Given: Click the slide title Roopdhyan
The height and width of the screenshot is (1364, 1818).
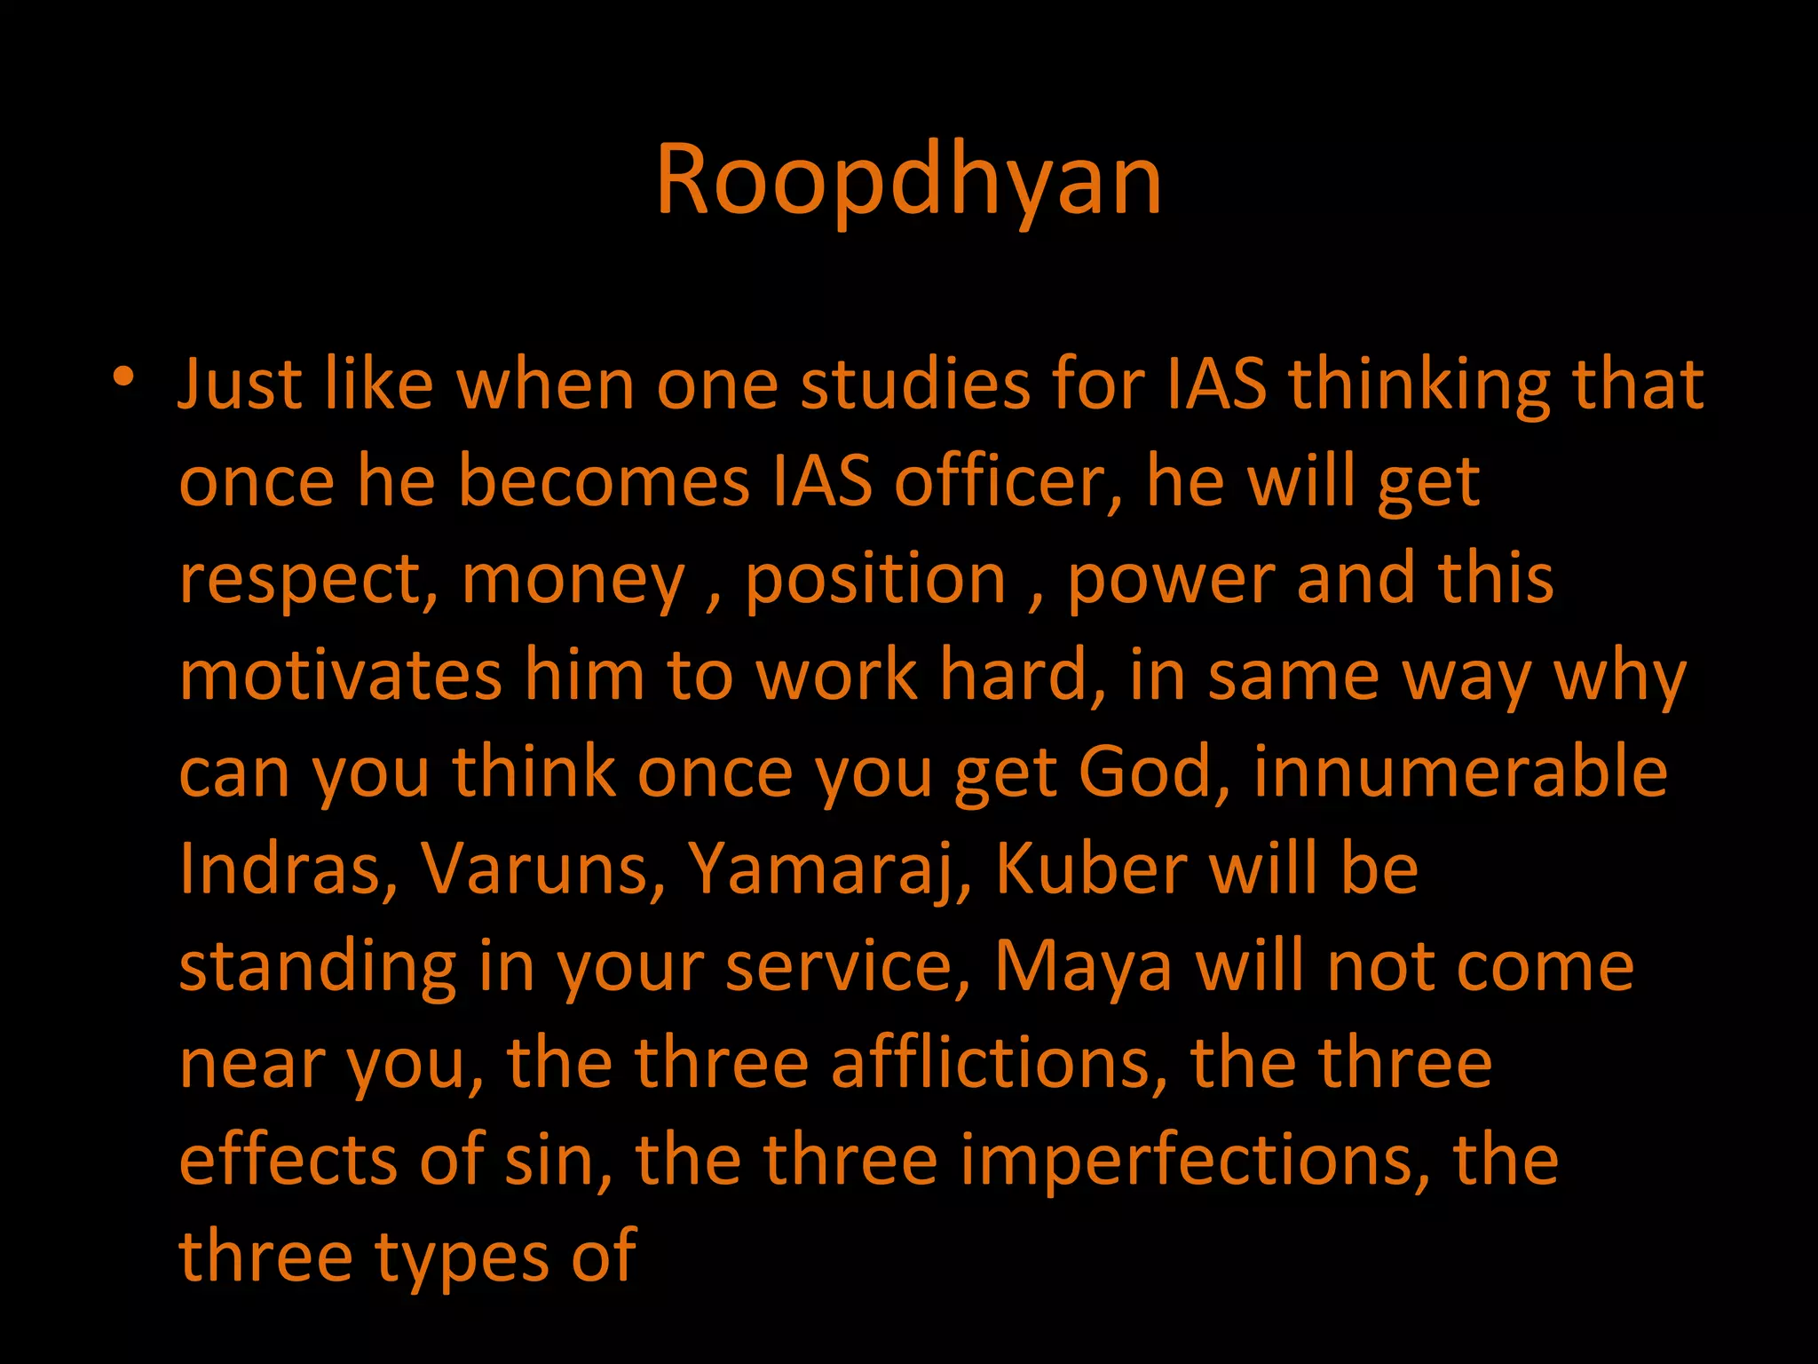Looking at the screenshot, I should [908, 180].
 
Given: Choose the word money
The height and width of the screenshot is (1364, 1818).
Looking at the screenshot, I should [573, 581].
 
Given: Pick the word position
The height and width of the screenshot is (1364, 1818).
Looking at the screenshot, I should [875, 581].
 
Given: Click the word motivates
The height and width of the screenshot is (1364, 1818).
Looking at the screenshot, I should [341, 676].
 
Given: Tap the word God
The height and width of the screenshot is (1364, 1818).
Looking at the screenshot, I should [1154, 773].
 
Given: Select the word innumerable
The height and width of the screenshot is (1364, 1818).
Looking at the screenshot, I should [1460, 773].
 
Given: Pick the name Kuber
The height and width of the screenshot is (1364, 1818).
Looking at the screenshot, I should [1091, 869].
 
